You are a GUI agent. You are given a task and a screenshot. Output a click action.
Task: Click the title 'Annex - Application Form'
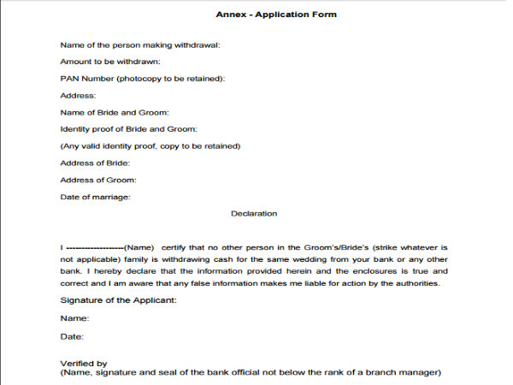[x=265, y=15]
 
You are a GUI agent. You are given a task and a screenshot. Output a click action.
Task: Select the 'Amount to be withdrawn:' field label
[x=110, y=62]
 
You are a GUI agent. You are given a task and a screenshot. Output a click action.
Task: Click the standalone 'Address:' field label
[x=78, y=96]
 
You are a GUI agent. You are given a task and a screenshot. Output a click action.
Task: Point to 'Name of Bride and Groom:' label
[x=115, y=112]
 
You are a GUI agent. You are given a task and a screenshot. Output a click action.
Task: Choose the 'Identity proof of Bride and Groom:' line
[x=128, y=129]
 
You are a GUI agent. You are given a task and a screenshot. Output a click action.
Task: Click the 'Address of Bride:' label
[x=94, y=163]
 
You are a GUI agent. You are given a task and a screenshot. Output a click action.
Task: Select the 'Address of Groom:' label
[x=97, y=180]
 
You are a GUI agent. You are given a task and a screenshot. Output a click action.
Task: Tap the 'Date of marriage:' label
[x=95, y=197]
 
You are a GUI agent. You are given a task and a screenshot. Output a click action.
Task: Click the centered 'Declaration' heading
[x=254, y=214]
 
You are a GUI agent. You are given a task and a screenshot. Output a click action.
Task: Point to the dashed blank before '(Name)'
[x=95, y=246]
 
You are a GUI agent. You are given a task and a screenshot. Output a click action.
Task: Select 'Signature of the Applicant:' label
[x=118, y=300]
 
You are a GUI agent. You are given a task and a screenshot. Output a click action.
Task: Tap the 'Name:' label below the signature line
[x=74, y=317]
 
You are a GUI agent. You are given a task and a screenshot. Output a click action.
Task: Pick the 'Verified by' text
[x=84, y=364]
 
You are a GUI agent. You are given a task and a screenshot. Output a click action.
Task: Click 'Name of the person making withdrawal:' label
[x=140, y=44]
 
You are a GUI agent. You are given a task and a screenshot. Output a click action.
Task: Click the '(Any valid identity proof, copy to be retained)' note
[x=150, y=146]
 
